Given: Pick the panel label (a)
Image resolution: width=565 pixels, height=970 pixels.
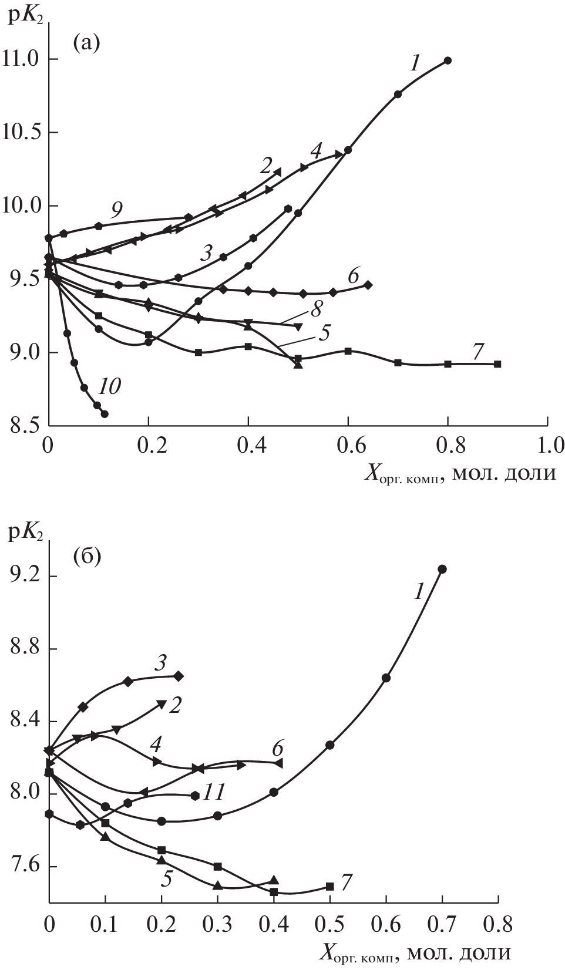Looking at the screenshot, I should pos(86,42).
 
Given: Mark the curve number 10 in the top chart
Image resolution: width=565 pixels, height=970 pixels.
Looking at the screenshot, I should pos(109,386).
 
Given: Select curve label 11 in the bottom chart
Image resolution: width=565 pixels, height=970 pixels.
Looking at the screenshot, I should pos(214,793).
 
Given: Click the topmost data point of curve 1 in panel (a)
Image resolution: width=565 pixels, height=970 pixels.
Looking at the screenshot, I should pos(448,60).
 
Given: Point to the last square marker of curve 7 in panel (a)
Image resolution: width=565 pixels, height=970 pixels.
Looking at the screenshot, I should pos(497,364).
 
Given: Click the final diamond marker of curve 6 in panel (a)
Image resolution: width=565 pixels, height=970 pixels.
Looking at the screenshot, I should pos(368,285).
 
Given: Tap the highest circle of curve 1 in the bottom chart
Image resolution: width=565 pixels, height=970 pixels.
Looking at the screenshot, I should pos(442,569).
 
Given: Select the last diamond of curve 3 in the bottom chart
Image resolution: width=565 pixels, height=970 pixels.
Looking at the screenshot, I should pos(179,676).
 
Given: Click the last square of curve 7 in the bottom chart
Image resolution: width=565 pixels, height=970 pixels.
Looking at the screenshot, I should pos(329,887).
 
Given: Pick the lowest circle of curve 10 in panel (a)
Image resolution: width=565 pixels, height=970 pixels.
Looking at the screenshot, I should pos(105,414).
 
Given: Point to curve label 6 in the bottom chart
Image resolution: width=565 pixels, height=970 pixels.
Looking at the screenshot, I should pos(278,749).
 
